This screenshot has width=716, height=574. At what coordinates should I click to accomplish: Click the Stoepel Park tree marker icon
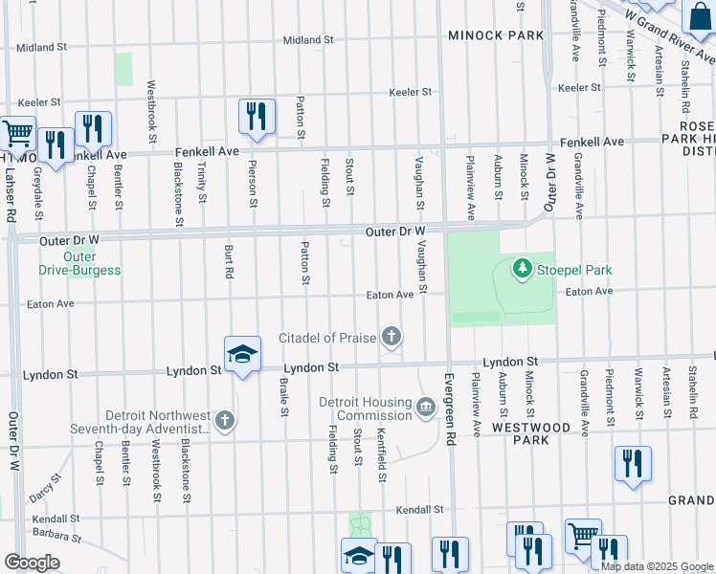point(523,270)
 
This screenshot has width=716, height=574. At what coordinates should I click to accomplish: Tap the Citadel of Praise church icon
point(391,337)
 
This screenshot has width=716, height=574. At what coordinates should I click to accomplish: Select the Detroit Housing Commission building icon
point(426,408)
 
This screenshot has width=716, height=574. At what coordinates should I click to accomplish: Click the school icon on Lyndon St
point(242,354)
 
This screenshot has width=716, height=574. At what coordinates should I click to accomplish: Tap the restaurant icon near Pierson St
point(257,117)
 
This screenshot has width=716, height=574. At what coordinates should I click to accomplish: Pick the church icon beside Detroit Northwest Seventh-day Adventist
point(224,421)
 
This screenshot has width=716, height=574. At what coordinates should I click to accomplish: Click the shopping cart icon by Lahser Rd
point(16,134)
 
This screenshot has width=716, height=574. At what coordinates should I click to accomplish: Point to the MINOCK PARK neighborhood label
point(496,35)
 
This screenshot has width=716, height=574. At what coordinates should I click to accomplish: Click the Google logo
point(32,562)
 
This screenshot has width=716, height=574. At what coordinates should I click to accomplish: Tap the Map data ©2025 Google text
point(657,566)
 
